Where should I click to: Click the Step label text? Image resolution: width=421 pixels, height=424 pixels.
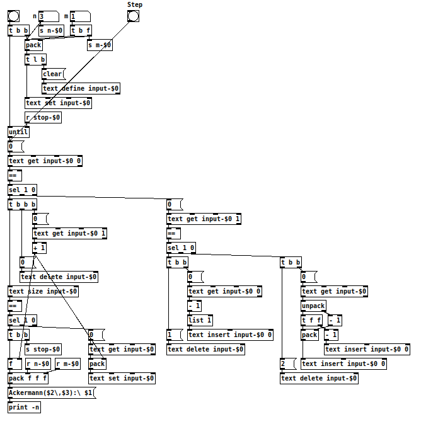click(135, 4)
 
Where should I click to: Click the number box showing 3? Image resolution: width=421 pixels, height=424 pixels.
click(49, 16)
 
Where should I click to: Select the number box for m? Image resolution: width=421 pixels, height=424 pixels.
click(81, 16)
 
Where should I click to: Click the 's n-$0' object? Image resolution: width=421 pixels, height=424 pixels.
click(52, 31)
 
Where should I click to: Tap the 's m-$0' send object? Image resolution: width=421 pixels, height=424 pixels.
click(100, 45)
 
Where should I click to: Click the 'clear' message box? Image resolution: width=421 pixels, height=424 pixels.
click(54, 74)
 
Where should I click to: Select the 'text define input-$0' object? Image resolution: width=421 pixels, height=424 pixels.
click(81, 88)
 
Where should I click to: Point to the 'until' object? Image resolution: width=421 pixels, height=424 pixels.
click(18, 132)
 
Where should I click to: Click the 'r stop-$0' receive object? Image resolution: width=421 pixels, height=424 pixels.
click(43, 118)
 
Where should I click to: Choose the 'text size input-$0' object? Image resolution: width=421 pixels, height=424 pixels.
click(43, 292)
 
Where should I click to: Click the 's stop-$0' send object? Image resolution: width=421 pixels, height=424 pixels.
click(43, 350)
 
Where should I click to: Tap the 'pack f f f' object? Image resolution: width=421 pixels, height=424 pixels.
click(28, 378)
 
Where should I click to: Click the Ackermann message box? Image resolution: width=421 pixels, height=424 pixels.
click(52, 393)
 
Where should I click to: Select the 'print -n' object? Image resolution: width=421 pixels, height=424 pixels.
click(25, 407)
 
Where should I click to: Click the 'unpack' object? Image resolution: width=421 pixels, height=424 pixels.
click(314, 306)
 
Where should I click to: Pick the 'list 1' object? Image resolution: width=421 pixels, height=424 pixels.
click(200, 321)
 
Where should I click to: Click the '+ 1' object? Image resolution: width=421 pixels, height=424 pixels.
click(40, 248)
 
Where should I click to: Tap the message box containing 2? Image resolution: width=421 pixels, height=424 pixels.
click(289, 364)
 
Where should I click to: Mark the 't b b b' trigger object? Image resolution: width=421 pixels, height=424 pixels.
click(23, 204)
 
